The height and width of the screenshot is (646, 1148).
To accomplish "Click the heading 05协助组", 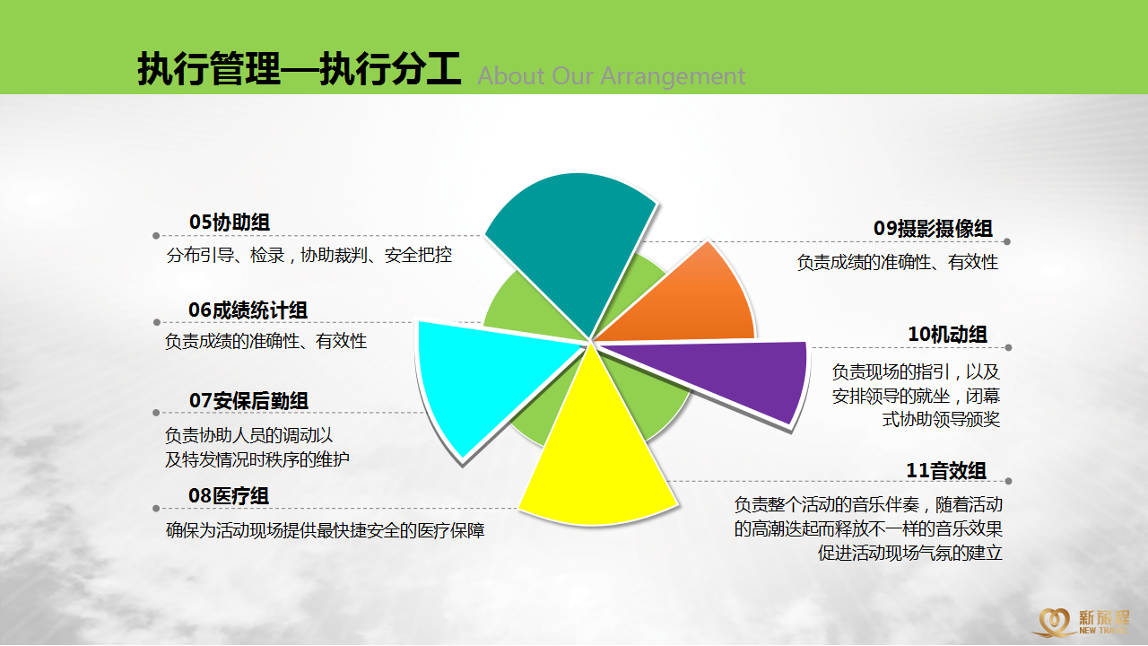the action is point(229,222).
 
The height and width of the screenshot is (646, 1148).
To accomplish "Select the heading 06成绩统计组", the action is point(248,310).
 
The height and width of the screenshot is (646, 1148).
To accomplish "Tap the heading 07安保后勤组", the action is point(248,400).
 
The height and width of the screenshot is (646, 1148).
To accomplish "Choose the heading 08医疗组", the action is point(229,496).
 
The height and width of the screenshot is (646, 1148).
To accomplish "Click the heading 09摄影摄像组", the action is point(934,228).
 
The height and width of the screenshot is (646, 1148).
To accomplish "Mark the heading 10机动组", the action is point(948,335).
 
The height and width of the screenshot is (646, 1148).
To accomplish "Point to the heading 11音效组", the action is point(946,471).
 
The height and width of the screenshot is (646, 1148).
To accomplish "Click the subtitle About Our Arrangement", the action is point(612,76).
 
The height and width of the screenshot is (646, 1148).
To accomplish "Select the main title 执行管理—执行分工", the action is point(300,68).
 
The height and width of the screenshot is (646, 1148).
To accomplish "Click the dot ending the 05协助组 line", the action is point(156,236).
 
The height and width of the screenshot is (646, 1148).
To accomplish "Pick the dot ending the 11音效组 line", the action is point(1008,481).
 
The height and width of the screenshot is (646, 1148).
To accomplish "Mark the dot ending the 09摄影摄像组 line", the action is point(1007,241).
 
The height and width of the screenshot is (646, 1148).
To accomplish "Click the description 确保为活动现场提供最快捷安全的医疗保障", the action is point(325,530).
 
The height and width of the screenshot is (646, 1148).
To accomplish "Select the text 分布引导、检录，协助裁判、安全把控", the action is point(309,255).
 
